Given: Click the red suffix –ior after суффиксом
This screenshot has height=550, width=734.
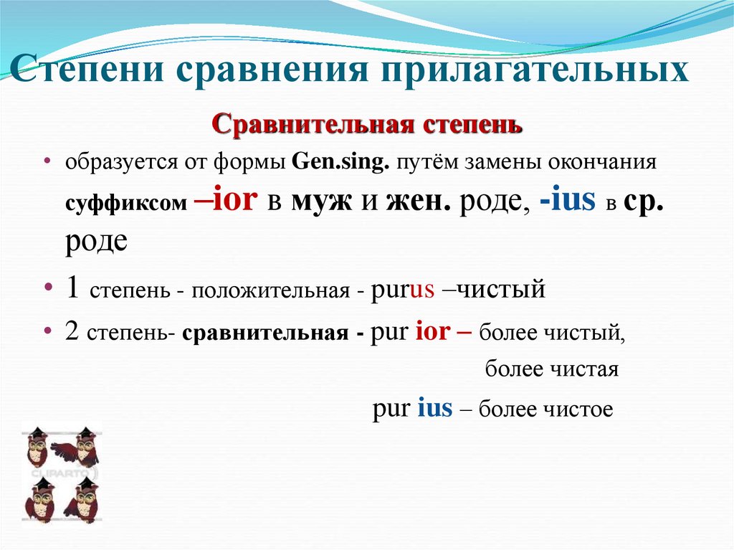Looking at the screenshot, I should click(x=225, y=200).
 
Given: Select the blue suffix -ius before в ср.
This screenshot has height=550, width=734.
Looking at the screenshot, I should click(x=568, y=200).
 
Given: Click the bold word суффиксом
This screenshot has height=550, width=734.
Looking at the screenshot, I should click(x=126, y=204).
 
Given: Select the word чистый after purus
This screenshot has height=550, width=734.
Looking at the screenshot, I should click(x=501, y=290).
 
